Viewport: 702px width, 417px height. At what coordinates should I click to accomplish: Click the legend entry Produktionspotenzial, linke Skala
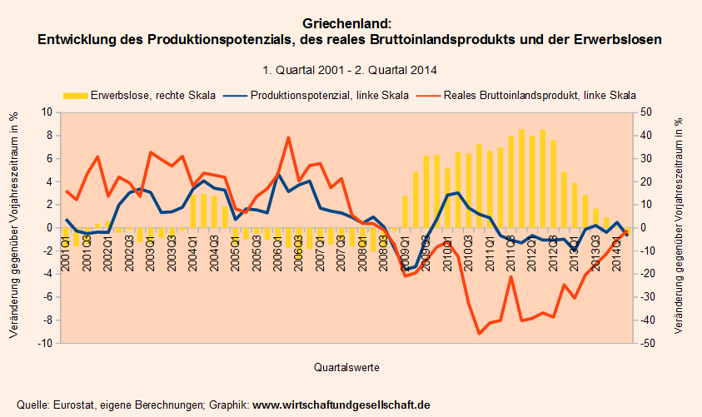click(x=330, y=95)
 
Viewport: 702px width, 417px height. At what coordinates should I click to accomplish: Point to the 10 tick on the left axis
click(x=47, y=112)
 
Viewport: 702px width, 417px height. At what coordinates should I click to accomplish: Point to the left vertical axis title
click(x=14, y=227)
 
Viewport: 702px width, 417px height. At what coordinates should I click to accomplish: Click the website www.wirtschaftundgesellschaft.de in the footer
click(x=341, y=405)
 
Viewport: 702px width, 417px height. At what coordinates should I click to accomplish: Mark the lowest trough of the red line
click(x=480, y=334)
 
